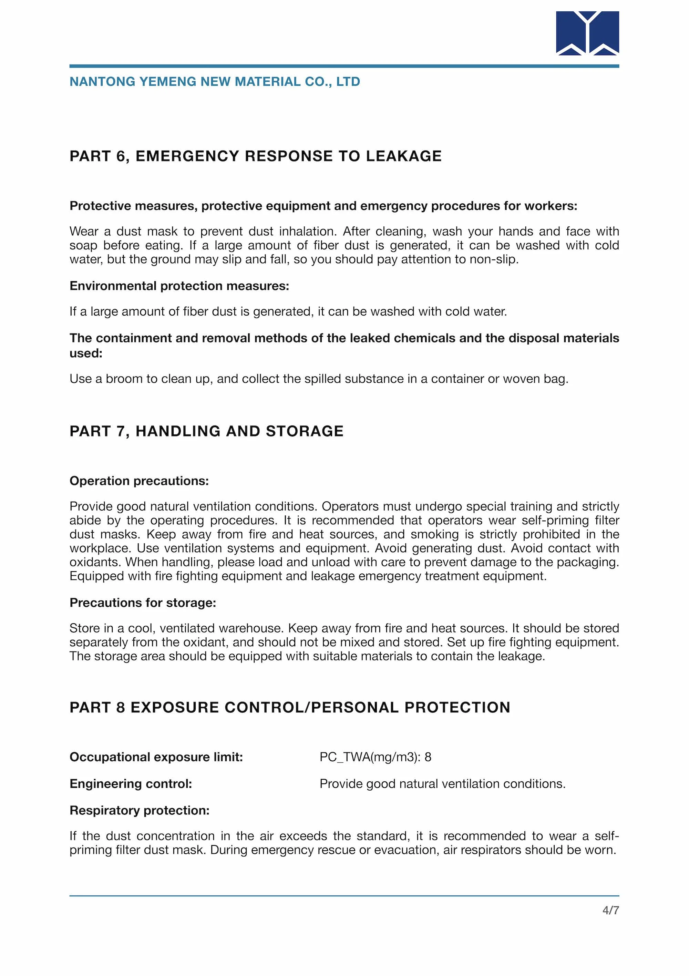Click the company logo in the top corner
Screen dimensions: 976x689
click(587, 33)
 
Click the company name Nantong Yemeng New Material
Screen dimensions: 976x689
click(215, 82)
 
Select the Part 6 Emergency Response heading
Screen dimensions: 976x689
click(256, 156)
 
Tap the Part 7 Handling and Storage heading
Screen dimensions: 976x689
click(207, 431)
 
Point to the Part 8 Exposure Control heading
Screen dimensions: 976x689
click(290, 707)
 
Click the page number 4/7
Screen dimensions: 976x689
click(610, 910)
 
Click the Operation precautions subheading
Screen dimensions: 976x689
click(139, 481)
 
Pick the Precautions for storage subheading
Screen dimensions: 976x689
click(143, 603)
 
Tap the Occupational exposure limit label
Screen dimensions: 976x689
click(156, 757)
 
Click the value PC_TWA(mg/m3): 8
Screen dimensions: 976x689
click(375, 757)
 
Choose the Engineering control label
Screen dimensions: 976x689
click(131, 784)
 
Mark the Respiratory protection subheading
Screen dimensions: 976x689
click(140, 811)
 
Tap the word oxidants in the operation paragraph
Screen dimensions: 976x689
click(95, 562)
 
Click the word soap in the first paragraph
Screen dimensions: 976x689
click(82, 245)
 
